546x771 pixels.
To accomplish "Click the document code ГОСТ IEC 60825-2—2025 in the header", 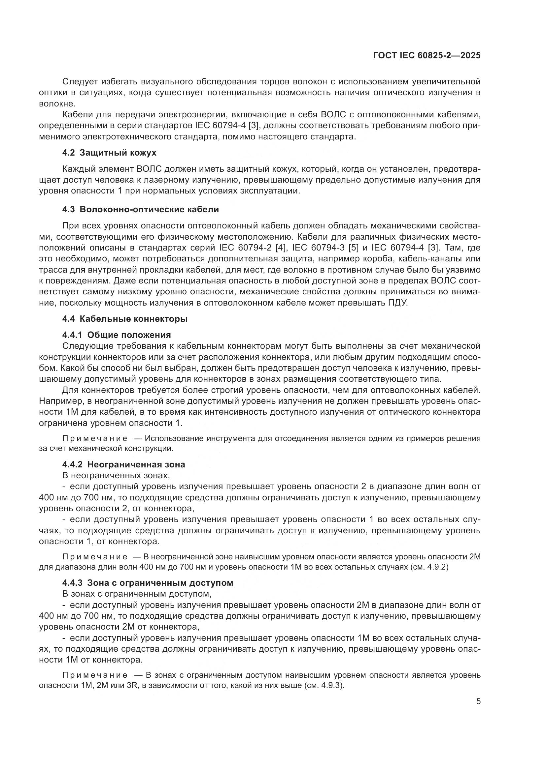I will pyautogui.click(x=427, y=55).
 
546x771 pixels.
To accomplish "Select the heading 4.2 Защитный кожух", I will pyautogui.click(x=109, y=153).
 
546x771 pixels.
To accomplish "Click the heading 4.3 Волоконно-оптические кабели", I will pyautogui.click(x=141, y=210).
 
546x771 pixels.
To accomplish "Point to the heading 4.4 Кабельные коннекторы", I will pyautogui.click(x=125, y=319).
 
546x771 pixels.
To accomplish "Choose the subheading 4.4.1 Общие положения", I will pyautogui.click(x=116, y=335).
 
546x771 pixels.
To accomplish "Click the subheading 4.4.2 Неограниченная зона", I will pyautogui.click(x=123, y=464).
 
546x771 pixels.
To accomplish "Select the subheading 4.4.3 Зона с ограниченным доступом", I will pyautogui.click(x=148, y=582).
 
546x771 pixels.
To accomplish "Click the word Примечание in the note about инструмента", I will pyautogui.click(x=95, y=438).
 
